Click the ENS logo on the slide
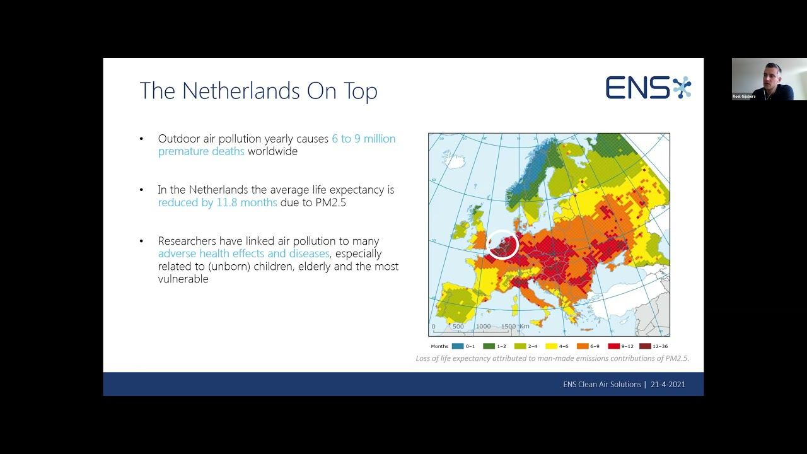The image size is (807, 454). pos(648,88)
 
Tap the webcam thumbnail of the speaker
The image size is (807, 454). pos(769,79)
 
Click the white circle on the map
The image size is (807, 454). pos(502,245)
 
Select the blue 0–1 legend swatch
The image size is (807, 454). pos(457,346)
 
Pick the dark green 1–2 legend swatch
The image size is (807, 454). pos(489,346)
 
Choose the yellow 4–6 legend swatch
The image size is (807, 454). pos(550,346)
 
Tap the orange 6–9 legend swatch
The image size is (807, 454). pos(582,346)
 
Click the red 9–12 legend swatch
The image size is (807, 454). pos(613,346)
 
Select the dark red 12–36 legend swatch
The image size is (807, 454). pos(644,346)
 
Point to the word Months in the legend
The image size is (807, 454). pos(439,346)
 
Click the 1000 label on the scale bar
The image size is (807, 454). pos(483,327)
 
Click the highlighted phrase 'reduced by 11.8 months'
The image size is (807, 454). pos(218,202)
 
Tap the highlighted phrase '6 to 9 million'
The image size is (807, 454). pos(364,139)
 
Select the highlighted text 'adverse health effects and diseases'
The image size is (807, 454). pos(244,253)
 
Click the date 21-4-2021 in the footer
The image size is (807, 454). pos(668,384)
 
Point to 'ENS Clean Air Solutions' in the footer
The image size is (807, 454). pos(602,384)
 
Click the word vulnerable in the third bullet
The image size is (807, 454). pos(183,279)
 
